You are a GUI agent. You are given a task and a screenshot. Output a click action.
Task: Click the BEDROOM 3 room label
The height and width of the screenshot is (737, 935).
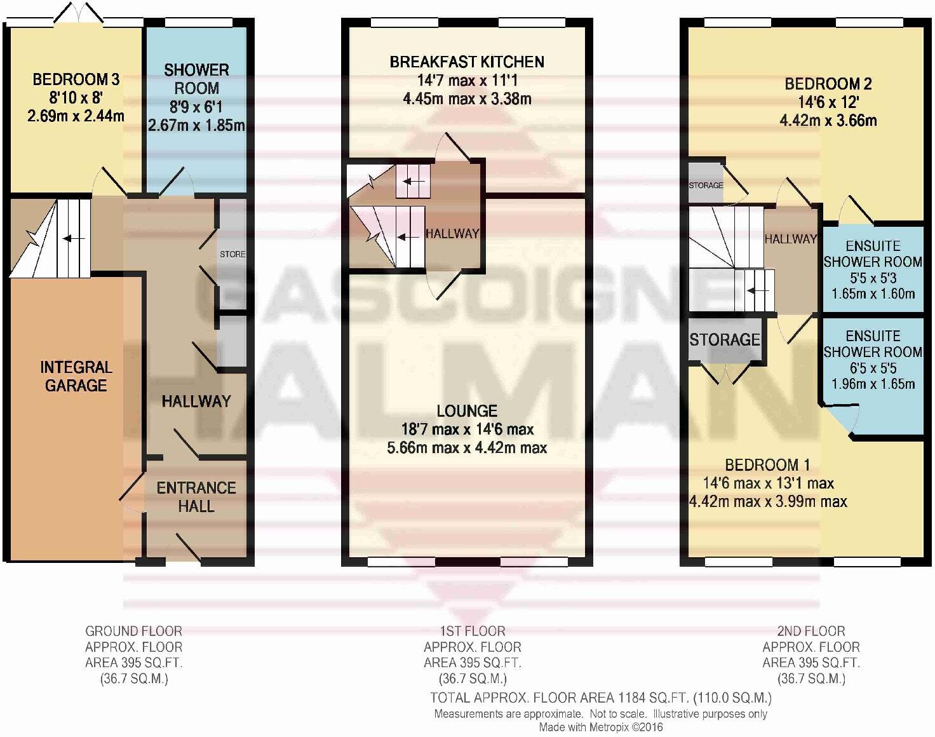(76, 79)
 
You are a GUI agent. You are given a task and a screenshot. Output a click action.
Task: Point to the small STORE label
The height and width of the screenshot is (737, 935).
(232, 254)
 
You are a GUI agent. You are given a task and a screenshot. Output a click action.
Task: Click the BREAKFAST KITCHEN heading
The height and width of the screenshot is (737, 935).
(467, 62)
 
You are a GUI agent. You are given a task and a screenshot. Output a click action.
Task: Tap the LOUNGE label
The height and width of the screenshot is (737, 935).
(467, 411)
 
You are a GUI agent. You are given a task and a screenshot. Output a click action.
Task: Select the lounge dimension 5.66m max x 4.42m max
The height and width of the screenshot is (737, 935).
(467, 448)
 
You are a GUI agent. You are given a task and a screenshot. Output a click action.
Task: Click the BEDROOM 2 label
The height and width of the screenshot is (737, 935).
(828, 83)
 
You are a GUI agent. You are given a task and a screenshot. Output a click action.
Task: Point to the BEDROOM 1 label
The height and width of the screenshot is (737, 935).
(767, 464)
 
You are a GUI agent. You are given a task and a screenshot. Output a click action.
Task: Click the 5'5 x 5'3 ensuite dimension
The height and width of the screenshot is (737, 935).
(873, 278)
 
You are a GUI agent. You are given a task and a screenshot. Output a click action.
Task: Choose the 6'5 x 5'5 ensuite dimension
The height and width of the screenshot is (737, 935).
(873, 368)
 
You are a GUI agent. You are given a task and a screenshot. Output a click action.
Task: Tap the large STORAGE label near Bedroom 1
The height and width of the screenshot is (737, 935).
(725, 340)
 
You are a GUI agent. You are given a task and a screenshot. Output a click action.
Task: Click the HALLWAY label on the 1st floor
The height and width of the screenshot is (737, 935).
(452, 234)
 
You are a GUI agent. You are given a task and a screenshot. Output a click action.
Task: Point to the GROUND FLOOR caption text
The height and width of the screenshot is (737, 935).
(133, 631)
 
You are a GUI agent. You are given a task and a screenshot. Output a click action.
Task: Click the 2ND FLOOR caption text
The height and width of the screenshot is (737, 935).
(811, 631)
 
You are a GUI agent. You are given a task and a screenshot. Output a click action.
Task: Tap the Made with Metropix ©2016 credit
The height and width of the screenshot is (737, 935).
(600, 727)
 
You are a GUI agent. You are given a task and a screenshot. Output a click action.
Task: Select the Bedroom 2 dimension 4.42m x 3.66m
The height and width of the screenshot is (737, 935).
(828, 120)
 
